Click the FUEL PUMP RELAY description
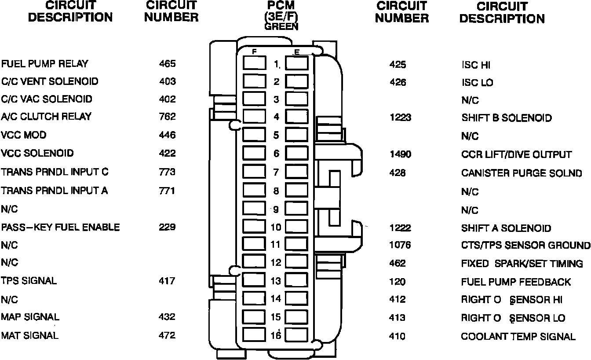(44, 64)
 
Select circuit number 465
(167, 64)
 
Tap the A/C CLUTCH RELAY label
(46, 117)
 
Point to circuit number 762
(167, 117)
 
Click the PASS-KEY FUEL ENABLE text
(60, 228)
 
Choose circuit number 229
(167, 228)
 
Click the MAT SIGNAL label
(29, 336)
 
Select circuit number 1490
(400, 154)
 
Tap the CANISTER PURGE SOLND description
(522, 173)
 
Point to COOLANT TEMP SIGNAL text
(518, 337)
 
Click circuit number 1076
(400, 245)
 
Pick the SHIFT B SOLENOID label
(507, 118)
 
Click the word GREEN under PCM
(281, 26)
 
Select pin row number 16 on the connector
(276, 335)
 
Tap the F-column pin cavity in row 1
(254, 64)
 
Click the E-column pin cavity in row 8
(297, 191)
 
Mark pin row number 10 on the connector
(276, 228)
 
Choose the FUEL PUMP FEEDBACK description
(516, 282)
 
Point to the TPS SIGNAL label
(29, 281)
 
